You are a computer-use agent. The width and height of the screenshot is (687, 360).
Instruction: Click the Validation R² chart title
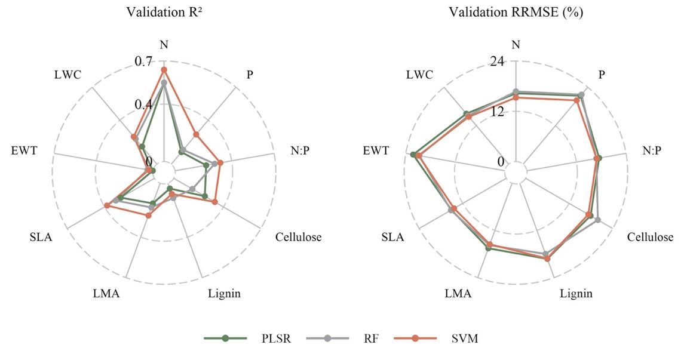pos(164,11)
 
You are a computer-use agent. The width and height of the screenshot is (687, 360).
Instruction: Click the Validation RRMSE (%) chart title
pos(516,11)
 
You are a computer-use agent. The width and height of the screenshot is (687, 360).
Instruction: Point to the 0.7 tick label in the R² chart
pos(145,61)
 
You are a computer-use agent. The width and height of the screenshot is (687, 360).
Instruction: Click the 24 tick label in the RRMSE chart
pos(499,61)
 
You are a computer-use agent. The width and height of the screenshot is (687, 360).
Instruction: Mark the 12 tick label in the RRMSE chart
pos(499,112)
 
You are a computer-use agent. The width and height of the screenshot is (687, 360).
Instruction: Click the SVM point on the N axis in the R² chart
pos(164,70)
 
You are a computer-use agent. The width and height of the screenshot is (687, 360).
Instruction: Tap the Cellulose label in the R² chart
pos(299,237)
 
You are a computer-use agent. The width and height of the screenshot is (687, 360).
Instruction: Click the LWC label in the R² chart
pos(68,75)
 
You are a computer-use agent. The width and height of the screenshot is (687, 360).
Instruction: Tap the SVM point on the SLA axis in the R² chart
pos(107,206)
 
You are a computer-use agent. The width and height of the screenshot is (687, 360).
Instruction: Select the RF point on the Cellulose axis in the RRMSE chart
pos(598,221)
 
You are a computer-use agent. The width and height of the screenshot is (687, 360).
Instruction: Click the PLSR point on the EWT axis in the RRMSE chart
pos(413,155)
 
